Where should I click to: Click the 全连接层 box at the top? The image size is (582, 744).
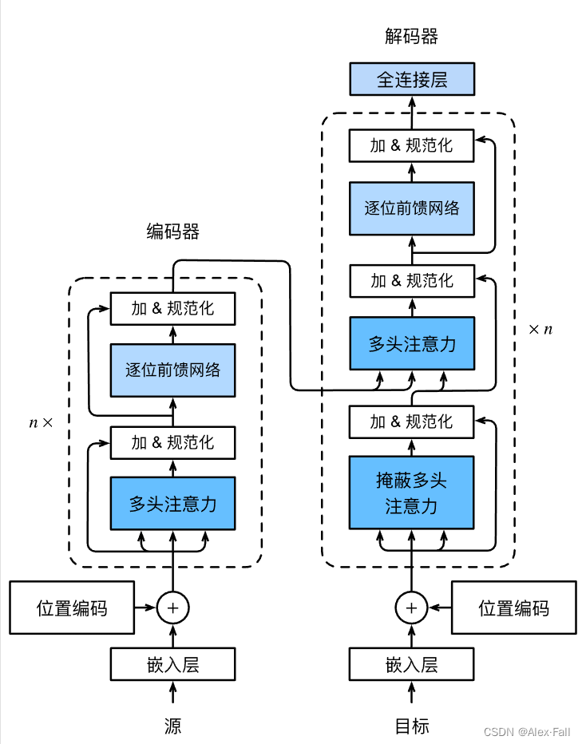pyautogui.click(x=412, y=81)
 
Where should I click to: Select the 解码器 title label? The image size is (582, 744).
pyautogui.click(x=412, y=37)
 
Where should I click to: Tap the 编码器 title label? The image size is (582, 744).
pyautogui.click(x=172, y=232)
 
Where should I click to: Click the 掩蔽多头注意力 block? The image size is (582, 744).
pyautogui.click(x=412, y=493)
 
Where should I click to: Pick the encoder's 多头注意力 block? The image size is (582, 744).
pyautogui.click(x=172, y=504)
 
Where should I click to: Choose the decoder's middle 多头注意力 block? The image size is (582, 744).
pyautogui.click(x=412, y=343)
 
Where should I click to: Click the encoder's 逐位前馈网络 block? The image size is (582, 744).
pyautogui.click(x=172, y=370)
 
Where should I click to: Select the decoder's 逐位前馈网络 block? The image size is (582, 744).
pyautogui.click(x=412, y=208)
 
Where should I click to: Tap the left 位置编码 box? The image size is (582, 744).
pyautogui.click(x=72, y=608)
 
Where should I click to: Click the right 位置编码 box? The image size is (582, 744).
pyautogui.click(x=513, y=608)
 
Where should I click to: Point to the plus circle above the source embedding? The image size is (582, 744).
pyautogui.click(x=172, y=608)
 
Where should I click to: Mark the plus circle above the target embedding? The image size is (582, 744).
pyautogui.click(x=412, y=608)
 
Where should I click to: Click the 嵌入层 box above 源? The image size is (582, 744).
pyautogui.click(x=172, y=664)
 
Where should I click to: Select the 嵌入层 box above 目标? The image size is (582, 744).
pyautogui.click(x=412, y=664)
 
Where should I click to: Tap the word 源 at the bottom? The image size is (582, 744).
pyautogui.click(x=172, y=726)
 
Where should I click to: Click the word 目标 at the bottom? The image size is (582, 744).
pyautogui.click(x=412, y=726)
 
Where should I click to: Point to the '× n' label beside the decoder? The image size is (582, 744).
pyautogui.click(x=540, y=329)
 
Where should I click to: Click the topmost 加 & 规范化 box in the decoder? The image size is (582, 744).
pyautogui.click(x=412, y=145)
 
